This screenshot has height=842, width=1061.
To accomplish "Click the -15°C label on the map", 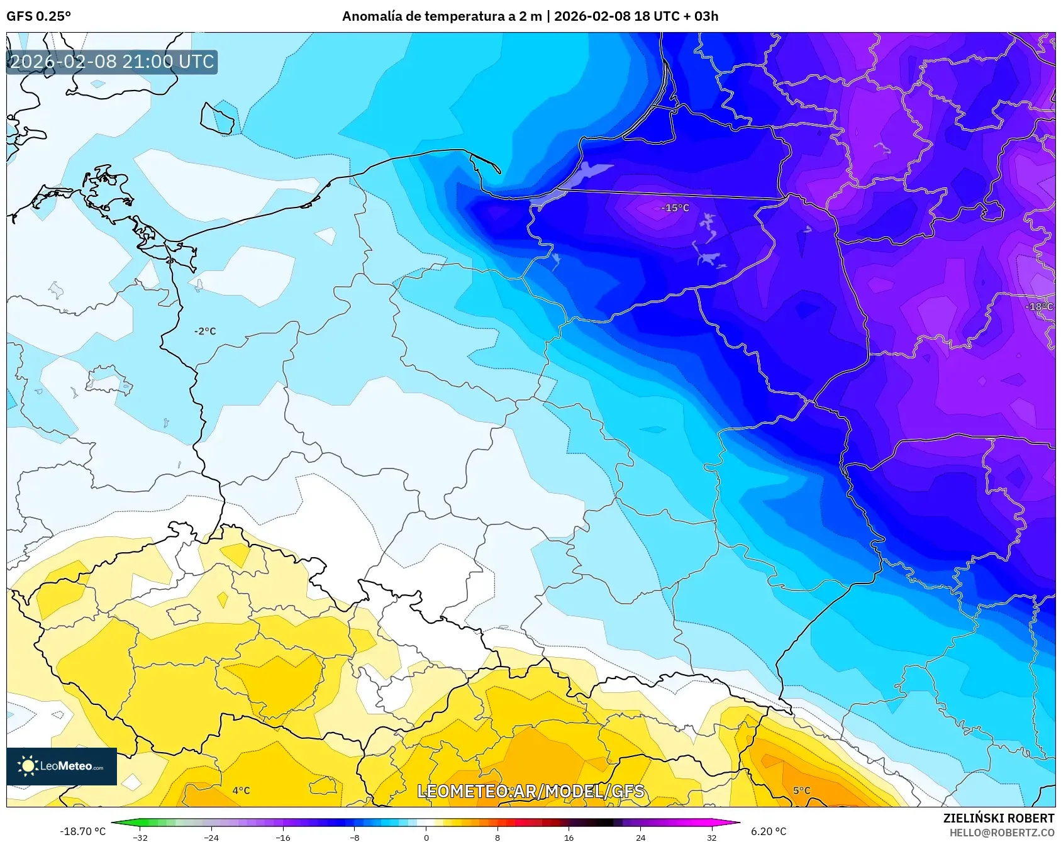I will (675, 208).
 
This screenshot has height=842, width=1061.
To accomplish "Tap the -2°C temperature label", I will (205, 331).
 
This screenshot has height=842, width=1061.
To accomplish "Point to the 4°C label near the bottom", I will (241, 790).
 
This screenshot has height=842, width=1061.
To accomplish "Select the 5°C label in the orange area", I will (801, 790).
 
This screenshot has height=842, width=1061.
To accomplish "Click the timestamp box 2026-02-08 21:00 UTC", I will (112, 62).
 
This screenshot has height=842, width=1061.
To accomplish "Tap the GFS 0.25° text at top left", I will (38, 16).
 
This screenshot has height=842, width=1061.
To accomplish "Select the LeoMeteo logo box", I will (62, 766).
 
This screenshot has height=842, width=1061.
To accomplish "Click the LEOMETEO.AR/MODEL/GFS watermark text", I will (531, 791).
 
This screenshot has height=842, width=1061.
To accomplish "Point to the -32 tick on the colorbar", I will (140, 837).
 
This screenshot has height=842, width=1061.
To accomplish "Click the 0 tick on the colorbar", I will (426, 837).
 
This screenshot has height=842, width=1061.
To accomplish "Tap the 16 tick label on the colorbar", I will (569, 837).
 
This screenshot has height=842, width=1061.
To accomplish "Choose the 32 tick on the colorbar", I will (711, 837).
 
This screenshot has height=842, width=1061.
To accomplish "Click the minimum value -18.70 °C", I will (82, 831).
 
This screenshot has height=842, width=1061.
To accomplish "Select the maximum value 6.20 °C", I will (768, 831).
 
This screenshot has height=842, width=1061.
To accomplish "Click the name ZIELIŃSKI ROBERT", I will (998, 818).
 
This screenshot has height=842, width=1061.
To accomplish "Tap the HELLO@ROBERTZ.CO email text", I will (1001, 833).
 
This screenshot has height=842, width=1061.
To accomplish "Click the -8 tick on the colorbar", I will (355, 837).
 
